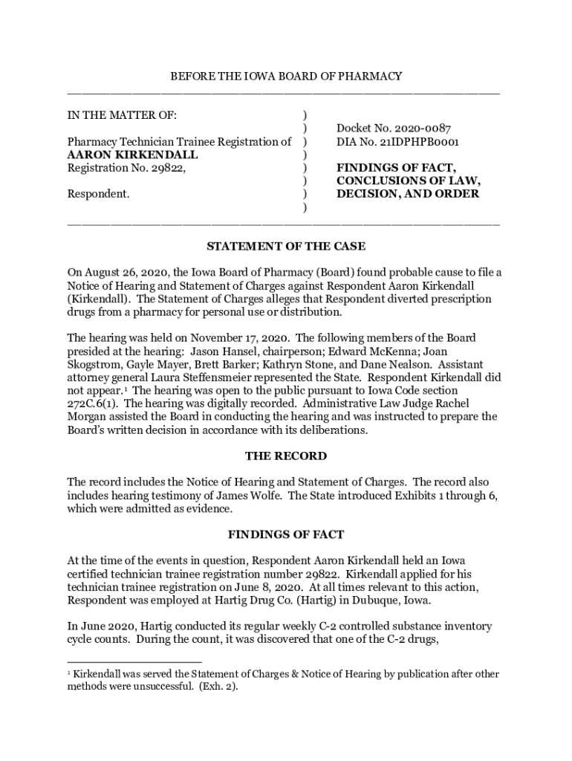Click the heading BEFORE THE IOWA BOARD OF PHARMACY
[x=286, y=76]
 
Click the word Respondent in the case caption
[x=98, y=194]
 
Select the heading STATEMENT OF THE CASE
[x=286, y=246]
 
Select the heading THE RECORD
[x=286, y=456]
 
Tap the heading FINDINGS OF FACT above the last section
[x=286, y=534]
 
